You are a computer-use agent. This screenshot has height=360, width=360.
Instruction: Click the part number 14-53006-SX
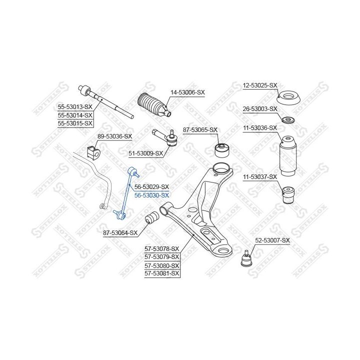pos(187,92)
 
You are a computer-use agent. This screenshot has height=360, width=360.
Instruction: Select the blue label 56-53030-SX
pos(151,195)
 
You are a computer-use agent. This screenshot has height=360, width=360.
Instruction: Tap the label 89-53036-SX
pos(115,136)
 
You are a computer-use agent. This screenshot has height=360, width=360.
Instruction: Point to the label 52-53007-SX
pos(272,240)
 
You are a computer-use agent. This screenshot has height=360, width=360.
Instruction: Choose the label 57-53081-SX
pos(161,273)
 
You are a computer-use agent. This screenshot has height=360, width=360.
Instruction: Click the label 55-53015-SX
pos(75,123)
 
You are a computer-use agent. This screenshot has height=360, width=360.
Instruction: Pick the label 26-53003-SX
pos(260,109)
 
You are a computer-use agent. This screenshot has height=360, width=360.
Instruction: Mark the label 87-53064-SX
pos(120,233)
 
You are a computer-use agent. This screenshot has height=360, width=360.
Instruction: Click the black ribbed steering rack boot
pos(154,104)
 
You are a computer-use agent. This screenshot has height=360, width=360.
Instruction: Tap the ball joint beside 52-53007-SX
pos(246,259)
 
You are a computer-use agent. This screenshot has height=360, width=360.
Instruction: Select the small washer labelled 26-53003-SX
pos(288,120)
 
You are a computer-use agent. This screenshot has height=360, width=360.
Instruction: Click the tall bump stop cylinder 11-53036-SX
pos(287,156)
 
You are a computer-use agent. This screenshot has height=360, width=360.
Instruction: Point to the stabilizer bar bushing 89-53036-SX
pos(93,151)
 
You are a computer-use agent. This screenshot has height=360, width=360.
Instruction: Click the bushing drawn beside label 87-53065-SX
pos(222,150)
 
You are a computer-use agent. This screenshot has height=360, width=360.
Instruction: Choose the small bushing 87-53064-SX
pos(152,217)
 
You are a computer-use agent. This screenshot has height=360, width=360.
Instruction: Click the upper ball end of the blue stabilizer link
pos(133,171)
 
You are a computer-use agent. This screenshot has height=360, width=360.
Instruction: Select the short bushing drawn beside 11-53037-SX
pos(288,195)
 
